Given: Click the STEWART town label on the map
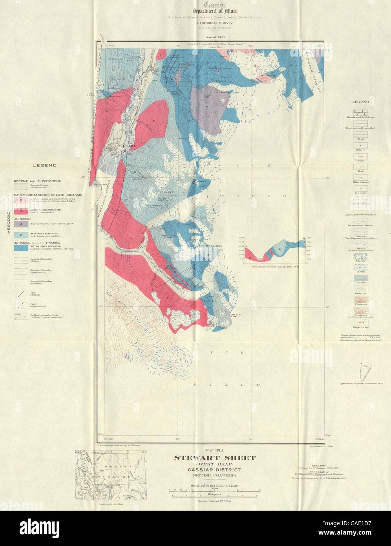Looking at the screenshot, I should click(x=123, y=146).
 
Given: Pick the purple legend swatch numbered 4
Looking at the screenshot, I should click(x=21, y=224).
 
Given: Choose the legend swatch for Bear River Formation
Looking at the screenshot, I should click(x=21, y=235).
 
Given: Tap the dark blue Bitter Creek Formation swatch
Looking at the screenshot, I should click(x=21, y=248).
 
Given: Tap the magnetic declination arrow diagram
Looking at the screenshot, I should click(x=365, y=372).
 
